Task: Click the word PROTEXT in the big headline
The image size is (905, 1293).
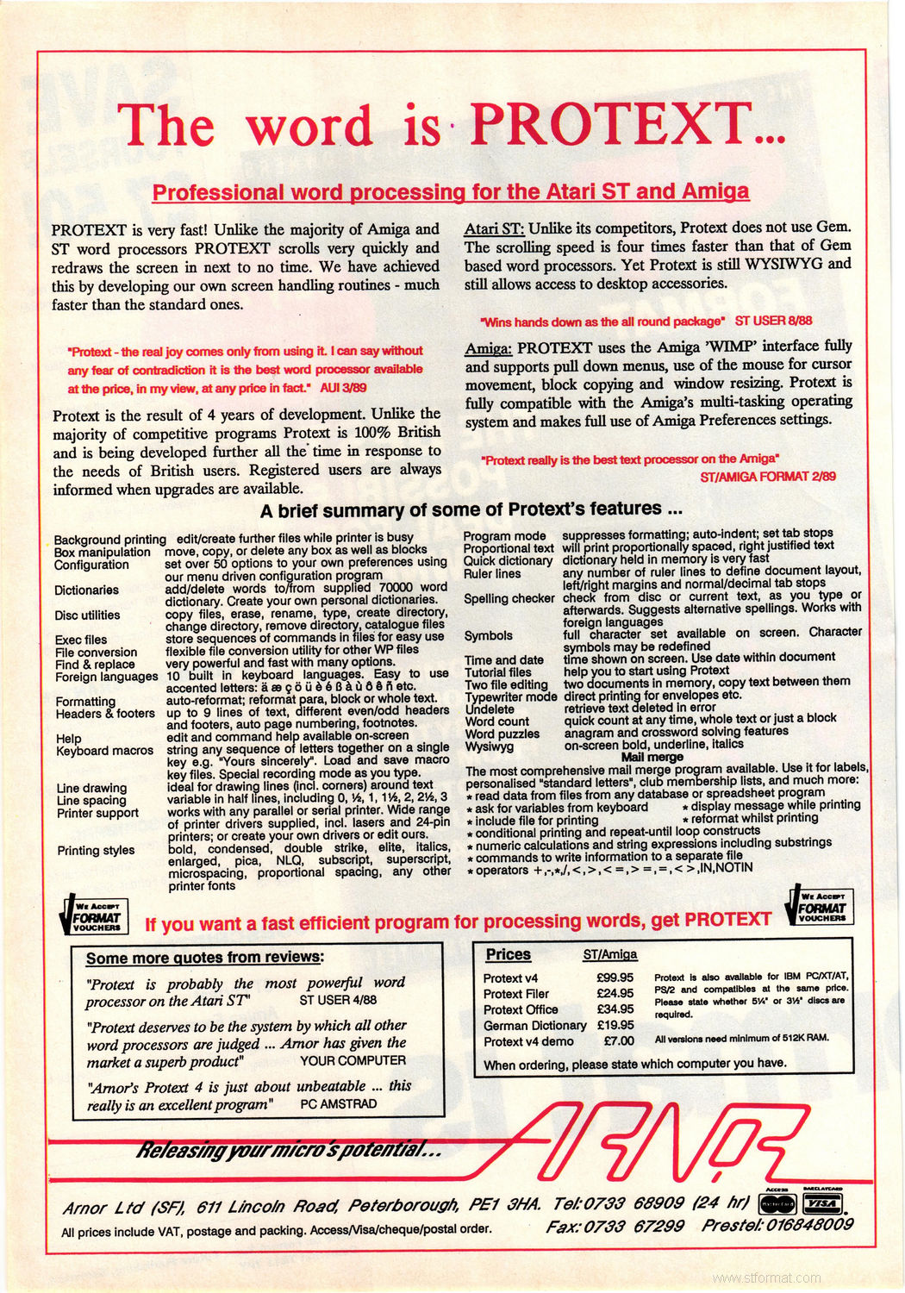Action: pyautogui.click(x=626, y=125)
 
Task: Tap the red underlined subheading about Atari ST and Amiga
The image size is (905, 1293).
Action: pyautogui.click(x=450, y=191)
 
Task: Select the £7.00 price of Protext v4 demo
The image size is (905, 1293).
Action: pyautogui.click(x=618, y=1041)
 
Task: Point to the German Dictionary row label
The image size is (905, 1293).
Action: pyautogui.click(x=534, y=1026)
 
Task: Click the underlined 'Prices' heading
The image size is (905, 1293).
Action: pyautogui.click(x=509, y=955)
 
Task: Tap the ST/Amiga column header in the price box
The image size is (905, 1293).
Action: pyautogui.click(x=610, y=955)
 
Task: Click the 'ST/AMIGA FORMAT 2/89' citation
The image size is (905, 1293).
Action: pyautogui.click(x=769, y=476)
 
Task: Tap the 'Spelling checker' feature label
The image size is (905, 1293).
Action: pyautogui.click(x=509, y=598)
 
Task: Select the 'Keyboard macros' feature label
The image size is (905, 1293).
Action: pyautogui.click(x=104, y=751)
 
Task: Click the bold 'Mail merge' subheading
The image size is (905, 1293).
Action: pyautogui.click(x=652, y=757)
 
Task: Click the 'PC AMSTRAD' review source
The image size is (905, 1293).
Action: pyautogui.click(x=338, y=1103)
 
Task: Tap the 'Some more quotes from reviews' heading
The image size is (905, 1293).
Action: pyautogui.click(x=205, y=958)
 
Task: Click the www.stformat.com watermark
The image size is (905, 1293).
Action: pyautogui.click(x=767, y=1277)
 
